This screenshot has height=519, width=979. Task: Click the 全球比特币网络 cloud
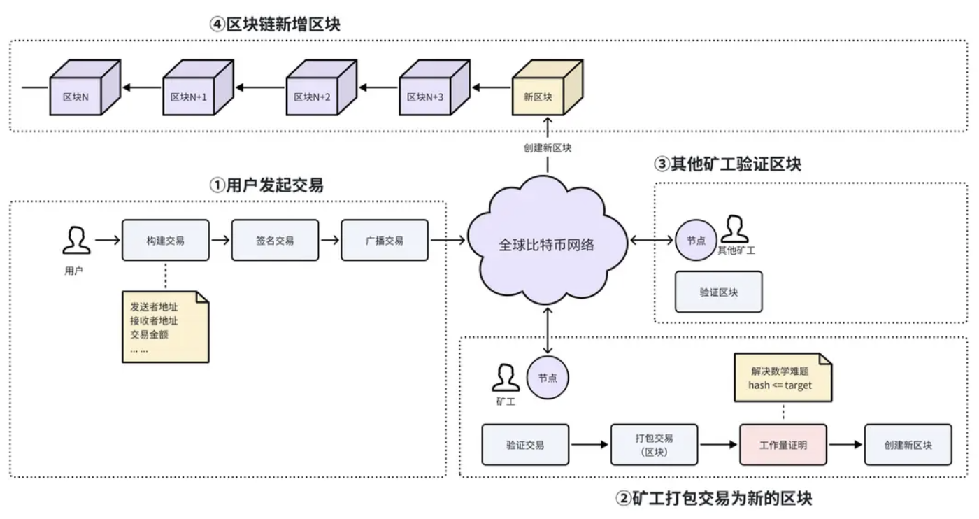click(x=547, y=244)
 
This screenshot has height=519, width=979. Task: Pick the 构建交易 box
click(x=166, y=241)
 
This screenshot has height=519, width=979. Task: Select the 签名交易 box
click(x=275, y=241)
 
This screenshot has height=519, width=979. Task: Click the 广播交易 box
click(x=384, y=241)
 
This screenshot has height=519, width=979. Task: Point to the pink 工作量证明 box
click(x=783, y=445)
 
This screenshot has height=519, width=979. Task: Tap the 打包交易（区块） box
click(x=654, y=445)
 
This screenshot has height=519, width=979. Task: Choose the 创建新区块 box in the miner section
click(x=908, y=445)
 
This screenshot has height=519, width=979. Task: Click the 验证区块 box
click(x=718, y=292)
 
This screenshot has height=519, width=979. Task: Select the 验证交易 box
click(x=525, y=445)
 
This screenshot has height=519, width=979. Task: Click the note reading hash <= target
click(x=783, y=378)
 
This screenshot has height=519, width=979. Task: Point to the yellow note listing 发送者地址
click(x=165, y=327)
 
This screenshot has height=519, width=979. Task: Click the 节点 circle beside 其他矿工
click(x=696, y=241)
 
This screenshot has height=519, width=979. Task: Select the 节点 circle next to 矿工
click(x=548, y=378)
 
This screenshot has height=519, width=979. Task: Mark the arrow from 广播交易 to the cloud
click(x=448, y=241)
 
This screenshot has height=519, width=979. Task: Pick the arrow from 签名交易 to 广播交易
click(x=329, y=241)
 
